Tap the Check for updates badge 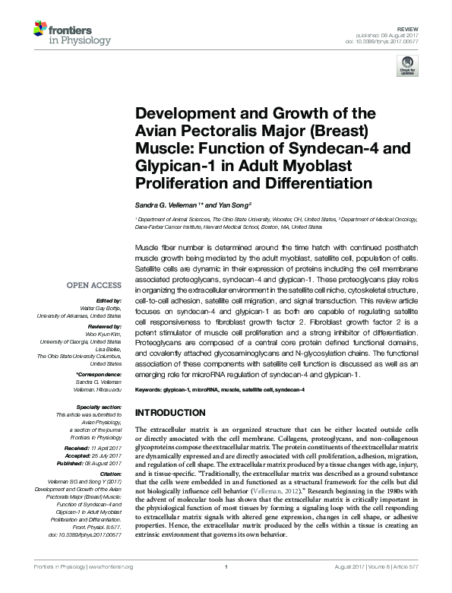pyautogui.click(x=407, y=68)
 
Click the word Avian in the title pyautogui.click(x=156, y=128)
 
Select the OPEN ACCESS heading pyautogui.click(x=93, y=285)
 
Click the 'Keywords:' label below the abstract pyautogui.click(x=150, y=390)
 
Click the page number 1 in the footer pyautogui.click(x=226, y=586)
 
